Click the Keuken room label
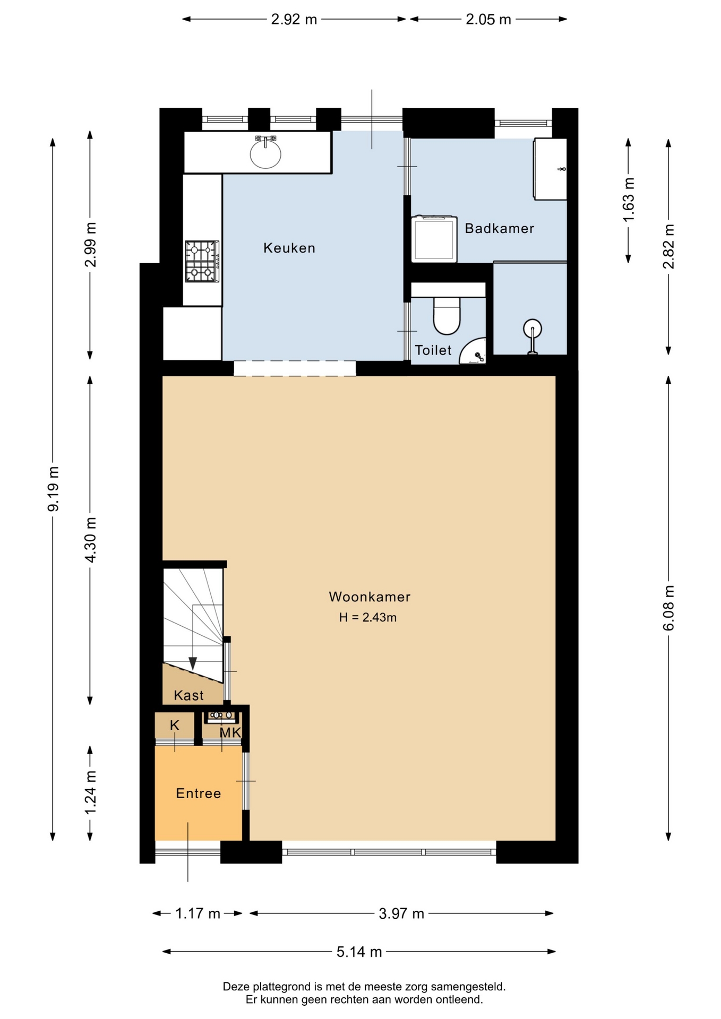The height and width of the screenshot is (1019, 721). click(289, 248)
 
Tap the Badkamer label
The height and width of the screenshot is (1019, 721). click(500, 228)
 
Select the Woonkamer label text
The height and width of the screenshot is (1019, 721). click(370, 597)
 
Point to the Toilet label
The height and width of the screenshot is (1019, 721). click(433, 350)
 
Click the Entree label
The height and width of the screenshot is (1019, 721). click(199, 793)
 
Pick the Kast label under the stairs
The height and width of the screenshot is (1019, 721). click(189, 695)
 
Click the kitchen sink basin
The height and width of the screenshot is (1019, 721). click(265, 153)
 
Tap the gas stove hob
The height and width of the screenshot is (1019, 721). click(202, 261)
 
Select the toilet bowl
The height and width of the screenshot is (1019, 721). click(447, 316)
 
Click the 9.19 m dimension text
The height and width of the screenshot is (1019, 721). click(53, 489)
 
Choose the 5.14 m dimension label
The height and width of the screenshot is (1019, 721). click(359, 952)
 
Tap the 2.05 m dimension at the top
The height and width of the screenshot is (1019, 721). click(488, 20)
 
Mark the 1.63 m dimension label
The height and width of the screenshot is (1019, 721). click(629, 200)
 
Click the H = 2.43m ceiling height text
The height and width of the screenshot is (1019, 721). click(368, 617)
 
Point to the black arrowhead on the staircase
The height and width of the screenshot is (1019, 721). click(193, 663)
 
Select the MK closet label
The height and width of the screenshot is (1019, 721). click(230, 733)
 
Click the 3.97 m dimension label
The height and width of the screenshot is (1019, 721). click(401, 913)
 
